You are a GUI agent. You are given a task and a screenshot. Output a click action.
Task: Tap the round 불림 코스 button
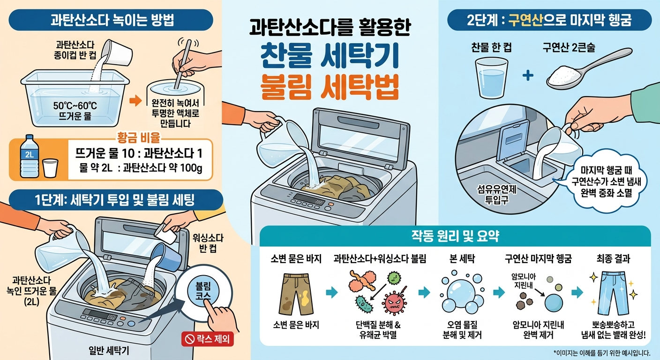point(203,292)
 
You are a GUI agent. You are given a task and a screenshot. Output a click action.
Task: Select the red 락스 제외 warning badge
point(208,339)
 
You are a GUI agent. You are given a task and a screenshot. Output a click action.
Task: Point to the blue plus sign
point(528,75)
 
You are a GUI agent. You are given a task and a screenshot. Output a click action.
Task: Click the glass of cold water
point(491,77)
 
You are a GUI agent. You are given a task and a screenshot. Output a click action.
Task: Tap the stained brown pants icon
point(296,294)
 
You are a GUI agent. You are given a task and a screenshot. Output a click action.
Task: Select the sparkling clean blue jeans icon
point(614,293)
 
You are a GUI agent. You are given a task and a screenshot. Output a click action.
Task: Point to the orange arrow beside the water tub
point(135,101)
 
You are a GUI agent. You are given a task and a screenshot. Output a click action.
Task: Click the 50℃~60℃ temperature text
point(75,105)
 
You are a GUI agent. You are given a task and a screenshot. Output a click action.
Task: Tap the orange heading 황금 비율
point(138,137)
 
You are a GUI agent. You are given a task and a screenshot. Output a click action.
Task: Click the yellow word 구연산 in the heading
point(525,20)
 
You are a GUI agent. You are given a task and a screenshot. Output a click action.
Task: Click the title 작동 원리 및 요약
point(455,236)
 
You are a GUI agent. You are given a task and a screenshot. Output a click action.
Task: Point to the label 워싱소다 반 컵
point(208,243)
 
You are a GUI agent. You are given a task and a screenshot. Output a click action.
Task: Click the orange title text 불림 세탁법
point(330,87)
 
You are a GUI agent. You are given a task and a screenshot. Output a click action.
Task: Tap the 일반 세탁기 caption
point(109,351)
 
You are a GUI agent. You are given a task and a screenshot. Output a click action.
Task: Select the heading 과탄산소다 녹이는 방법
point(112,20)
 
